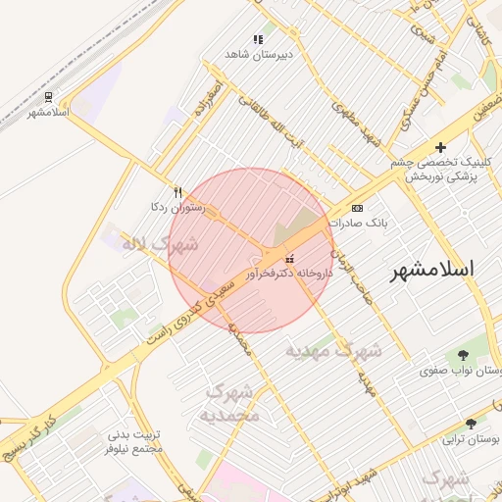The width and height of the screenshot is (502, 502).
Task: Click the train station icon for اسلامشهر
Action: pos(48,96)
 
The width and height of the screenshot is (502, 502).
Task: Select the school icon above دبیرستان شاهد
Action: pos(258,39)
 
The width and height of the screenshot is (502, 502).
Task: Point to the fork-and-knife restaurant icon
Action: pos(177,192)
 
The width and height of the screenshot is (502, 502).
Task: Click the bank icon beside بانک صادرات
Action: pos(357,208)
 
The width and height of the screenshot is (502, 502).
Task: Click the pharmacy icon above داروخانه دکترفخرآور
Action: pos(288,260)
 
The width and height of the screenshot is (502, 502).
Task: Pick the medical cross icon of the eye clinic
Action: pos(441,146)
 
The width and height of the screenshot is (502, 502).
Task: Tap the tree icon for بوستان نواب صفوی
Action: pos(462,355)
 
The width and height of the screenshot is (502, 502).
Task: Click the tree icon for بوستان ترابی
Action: pos(471,424)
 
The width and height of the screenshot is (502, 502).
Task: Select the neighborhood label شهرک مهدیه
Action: pos(333,349)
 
